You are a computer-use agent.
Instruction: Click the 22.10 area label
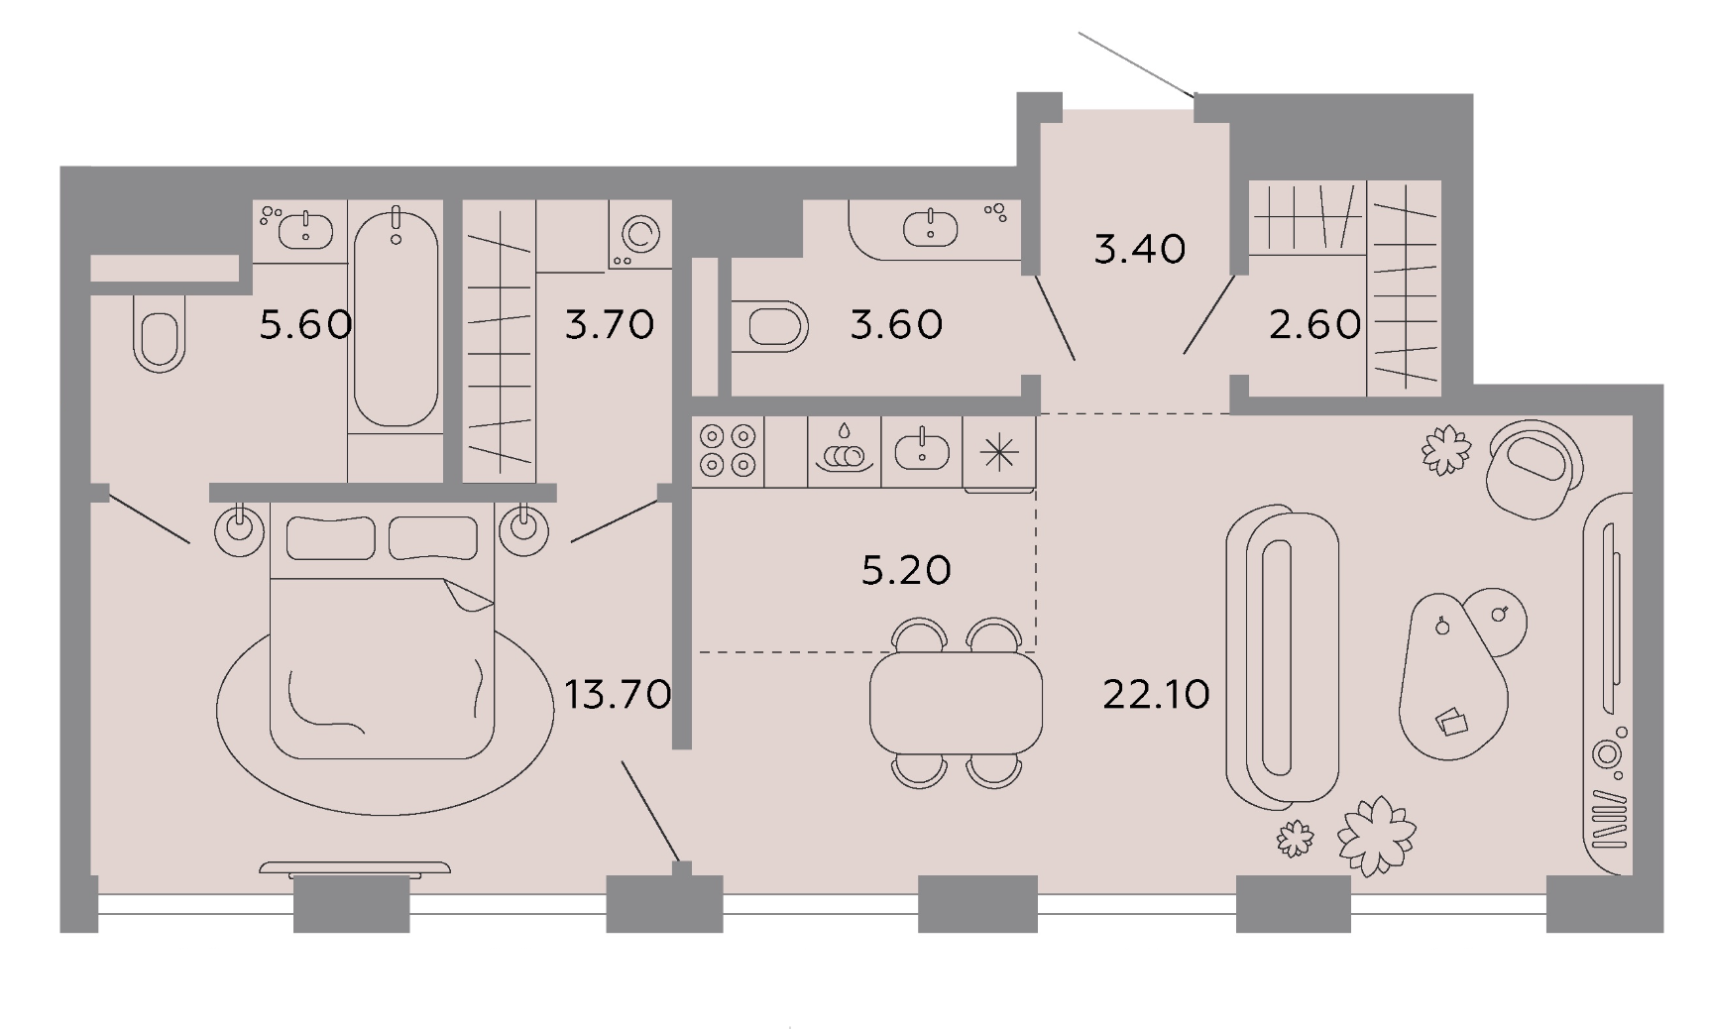click(x=1156, y=694)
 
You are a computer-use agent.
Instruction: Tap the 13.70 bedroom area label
click(x=618, y=694)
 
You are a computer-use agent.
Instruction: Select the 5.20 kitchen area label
click(x=906, y=570)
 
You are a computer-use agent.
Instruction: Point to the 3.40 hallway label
click(x=1140, y=249)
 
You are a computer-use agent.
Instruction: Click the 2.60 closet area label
click(x=1314, y=324)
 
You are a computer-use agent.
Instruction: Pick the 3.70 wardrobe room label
click(x=610, y=324)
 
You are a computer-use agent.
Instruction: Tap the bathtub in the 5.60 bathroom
click(x=396, y=317)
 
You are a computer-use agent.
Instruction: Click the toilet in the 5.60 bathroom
click(x=158, y=333)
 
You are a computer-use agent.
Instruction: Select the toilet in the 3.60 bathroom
click(x=770, y=326)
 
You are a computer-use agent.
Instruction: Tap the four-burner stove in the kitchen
click(x=729, y=451)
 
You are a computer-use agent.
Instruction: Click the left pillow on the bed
click(x=330, y=538)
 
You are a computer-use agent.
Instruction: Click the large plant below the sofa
click(x=1376, y=836)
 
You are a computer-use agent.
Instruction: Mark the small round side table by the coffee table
click(x=1496, y=620)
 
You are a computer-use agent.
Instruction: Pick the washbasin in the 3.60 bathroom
click(x=931, y=228)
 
